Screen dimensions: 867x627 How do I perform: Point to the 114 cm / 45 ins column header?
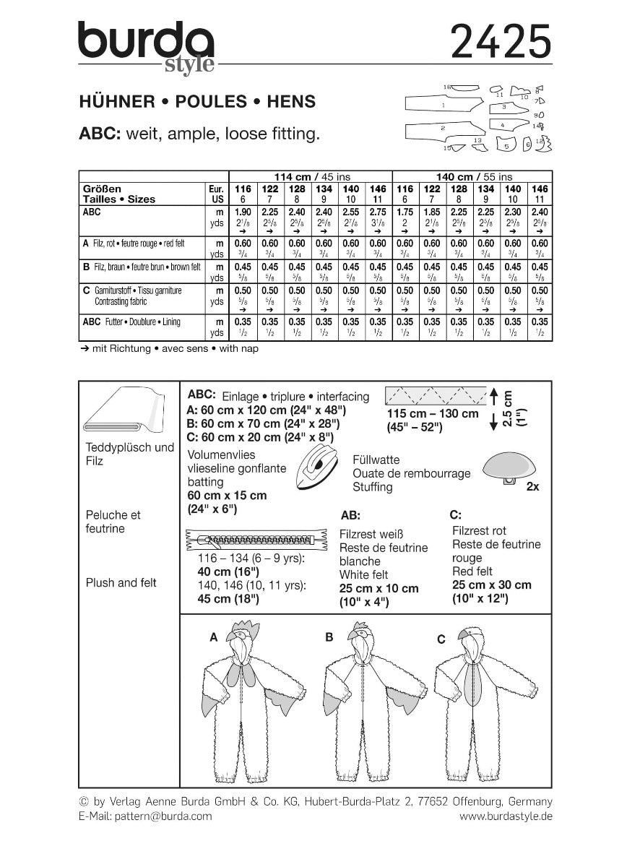[309, 176]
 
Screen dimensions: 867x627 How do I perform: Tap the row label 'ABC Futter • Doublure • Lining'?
[131, 322]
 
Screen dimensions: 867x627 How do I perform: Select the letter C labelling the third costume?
[441, 639]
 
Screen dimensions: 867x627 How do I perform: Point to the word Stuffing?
[373, 487]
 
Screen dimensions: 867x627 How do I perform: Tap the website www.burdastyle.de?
[506, 816]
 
